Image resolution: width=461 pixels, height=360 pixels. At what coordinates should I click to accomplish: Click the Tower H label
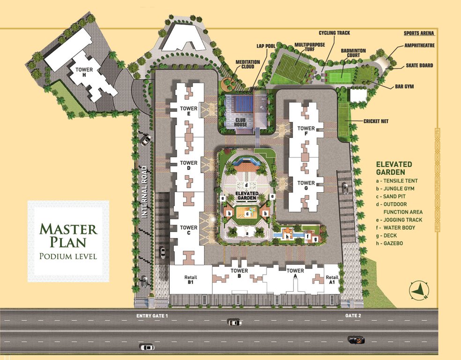coord(84,72)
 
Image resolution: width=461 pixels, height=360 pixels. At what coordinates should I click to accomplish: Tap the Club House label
coord(241,122)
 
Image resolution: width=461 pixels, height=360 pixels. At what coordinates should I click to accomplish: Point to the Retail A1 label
coord(332,280)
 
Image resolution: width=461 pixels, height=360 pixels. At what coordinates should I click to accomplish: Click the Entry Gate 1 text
coord(152,316)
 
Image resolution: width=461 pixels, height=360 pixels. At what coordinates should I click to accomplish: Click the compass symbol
coord(419,290)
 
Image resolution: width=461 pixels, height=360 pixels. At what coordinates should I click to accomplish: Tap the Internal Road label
coord(145,192)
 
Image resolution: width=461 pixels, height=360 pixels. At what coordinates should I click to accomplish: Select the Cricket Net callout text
coord(376,121)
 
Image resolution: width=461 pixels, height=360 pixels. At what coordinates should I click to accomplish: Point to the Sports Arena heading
coord(419,34)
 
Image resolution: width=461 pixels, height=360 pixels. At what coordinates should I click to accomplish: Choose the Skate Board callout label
coord(419,66)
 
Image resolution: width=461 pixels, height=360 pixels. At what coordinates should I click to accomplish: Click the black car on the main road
coord(356,339)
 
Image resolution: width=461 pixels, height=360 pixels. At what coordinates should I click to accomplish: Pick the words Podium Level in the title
coord(68,256)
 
